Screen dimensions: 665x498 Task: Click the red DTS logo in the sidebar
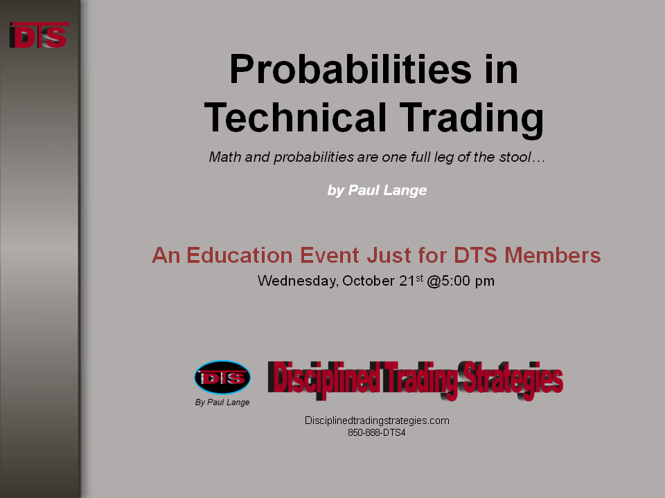(x=39, y=35)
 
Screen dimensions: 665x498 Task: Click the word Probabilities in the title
(x=351, y=69)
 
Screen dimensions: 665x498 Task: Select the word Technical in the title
(x=295, y=118)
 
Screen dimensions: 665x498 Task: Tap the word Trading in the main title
(x=472, y=120)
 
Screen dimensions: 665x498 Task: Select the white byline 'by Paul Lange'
(x=377, y=190)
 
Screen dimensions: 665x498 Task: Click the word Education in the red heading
(x=240, y=255)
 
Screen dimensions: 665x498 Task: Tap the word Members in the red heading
(x=552, y=255)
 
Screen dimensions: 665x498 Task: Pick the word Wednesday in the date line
(x=298, y=282)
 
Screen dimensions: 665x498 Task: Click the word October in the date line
(x=369, y=281)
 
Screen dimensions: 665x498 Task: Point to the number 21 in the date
(x=407, y=281)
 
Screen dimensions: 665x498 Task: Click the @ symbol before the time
(x=434, y=282)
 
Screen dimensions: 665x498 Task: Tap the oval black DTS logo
(x=222, y=378)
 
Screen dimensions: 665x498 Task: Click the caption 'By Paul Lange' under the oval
(x=222, y=403)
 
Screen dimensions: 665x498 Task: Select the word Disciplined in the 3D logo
(x=323, y=378)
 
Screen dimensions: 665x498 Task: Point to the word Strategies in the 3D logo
(x=513, y=380)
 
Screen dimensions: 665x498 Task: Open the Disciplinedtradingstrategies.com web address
(x=377, y=421)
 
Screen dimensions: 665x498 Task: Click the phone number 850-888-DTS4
(x=377, y=433)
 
